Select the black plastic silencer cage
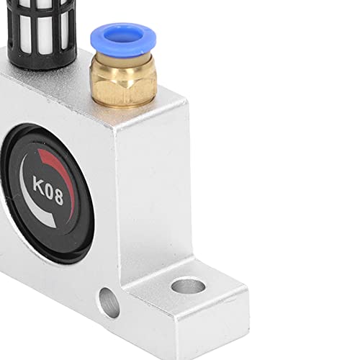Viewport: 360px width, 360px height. click(41, 34)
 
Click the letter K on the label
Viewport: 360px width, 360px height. click(40, 184)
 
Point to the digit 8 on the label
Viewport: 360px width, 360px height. click(58, 197)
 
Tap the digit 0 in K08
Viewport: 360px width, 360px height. click(48, 190)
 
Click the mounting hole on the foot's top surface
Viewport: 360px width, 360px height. click(188, 285)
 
